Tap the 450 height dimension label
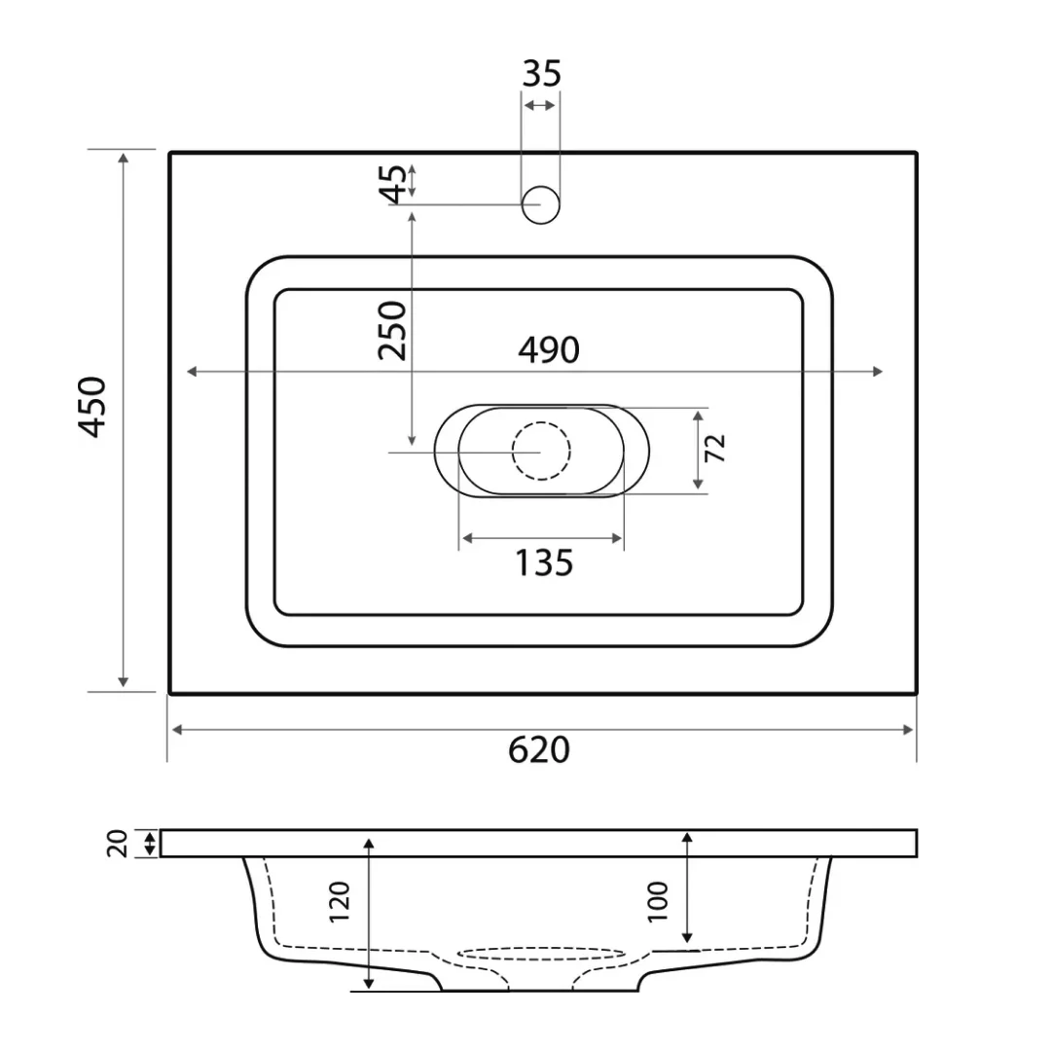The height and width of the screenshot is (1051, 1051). tap(93, 406)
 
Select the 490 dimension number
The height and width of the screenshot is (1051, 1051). tap(548, 350)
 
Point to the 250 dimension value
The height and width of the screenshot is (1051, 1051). tap(393, 331)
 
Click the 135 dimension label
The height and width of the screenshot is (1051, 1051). tap(543, 562)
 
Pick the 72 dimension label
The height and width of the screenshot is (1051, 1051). tap(715, 448)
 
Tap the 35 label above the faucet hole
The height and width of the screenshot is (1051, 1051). tap(542, 74)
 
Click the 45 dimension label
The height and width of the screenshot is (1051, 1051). tap(394, 184)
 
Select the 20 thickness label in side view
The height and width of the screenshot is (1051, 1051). tap(119, 843)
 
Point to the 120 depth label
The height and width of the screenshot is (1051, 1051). tap(340, 902)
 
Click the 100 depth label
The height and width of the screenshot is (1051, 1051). tap(658, 900)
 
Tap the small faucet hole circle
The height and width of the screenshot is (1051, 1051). tap(541, 204)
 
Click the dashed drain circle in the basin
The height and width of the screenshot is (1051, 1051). tap(541, 451)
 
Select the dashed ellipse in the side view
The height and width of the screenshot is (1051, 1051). tap(541, 954)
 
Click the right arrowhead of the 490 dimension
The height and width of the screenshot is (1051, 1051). tap(879, 371)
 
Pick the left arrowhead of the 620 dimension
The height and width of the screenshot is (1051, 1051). tap(176, 730)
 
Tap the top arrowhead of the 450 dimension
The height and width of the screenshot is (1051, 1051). tap(124, 158)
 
